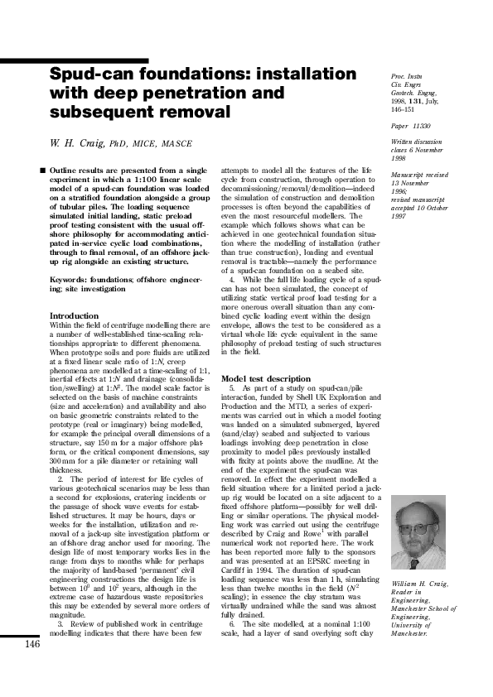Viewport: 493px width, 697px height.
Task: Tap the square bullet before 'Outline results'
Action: coord(41,170)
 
